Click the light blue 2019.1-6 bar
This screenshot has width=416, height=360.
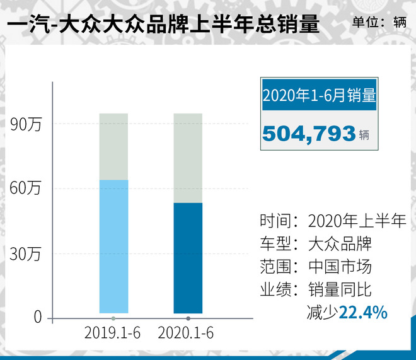[x=113, y=247]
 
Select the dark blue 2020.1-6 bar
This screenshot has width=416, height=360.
[x=188, y=258]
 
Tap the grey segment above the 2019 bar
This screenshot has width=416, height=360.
[x=113, y=146]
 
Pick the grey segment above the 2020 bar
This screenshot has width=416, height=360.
[x=188, y=158]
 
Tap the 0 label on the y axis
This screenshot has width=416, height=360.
[x=37, y=318]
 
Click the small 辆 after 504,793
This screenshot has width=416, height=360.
[x=364, y=135]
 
